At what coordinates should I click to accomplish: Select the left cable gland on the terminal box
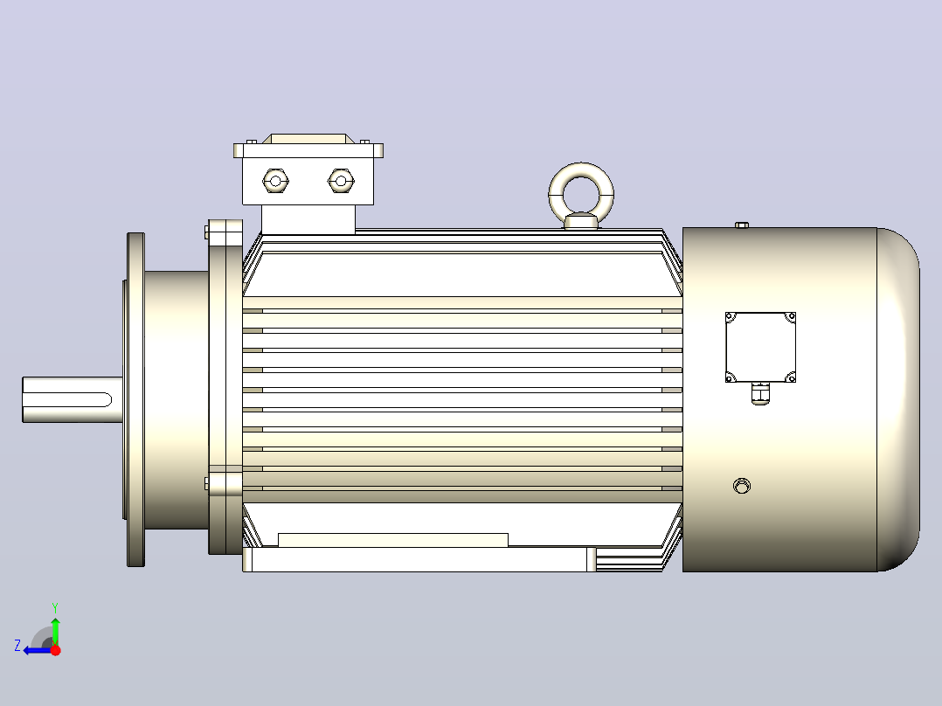[276, 181]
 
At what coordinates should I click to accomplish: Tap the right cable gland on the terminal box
[341, 181]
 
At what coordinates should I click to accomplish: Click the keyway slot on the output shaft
[67, 399]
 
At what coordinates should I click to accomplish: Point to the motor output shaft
[73, 399]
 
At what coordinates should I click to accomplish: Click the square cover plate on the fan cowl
[760, 347]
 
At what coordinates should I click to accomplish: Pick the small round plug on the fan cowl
[742, 486]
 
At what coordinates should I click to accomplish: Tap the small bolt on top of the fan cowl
[742, 225]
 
